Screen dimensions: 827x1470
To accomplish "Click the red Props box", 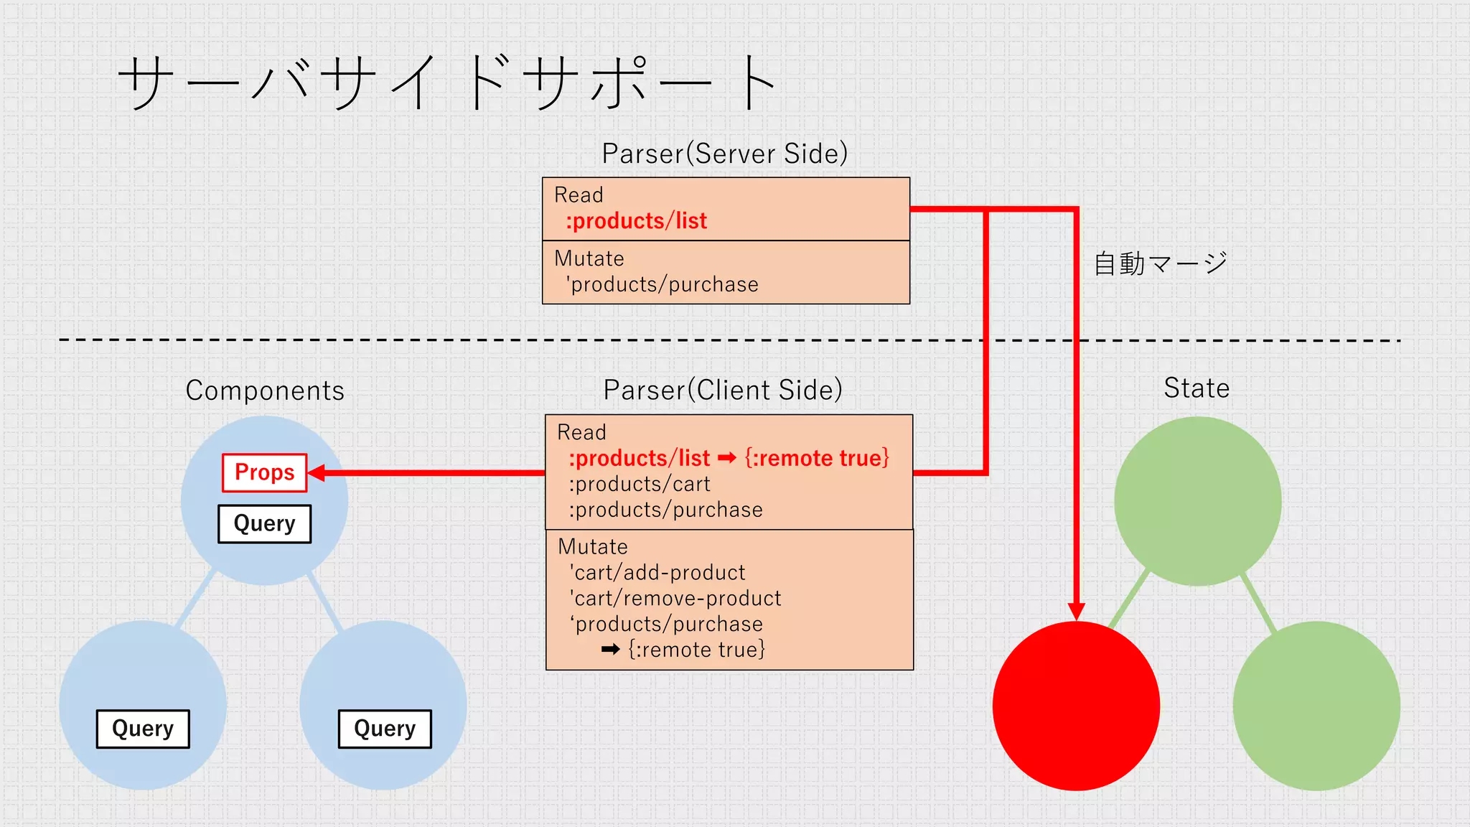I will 264,472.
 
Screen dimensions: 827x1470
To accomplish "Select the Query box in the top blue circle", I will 264,523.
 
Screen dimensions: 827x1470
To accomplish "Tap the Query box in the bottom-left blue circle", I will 143,729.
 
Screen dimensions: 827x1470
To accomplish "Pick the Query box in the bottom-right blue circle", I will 385,729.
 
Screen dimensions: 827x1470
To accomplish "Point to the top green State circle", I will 1197,500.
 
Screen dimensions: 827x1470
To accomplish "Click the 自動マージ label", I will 1160,263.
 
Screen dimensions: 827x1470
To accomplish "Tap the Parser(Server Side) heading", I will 724,154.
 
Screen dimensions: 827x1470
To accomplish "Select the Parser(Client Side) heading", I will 722,390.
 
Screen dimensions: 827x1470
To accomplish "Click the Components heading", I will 265,391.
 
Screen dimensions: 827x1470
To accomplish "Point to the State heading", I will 1196,388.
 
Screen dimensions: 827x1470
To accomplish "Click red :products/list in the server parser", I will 636,221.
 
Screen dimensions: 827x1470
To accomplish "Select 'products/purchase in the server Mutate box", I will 662,284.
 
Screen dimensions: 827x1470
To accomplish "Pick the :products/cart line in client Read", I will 639,484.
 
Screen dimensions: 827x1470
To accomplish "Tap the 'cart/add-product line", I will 657,572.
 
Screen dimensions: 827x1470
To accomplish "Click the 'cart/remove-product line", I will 675,598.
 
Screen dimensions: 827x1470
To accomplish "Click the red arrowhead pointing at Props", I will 317,472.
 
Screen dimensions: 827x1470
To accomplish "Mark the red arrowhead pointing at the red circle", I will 1076,611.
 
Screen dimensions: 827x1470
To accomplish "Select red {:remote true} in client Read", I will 817,458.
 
